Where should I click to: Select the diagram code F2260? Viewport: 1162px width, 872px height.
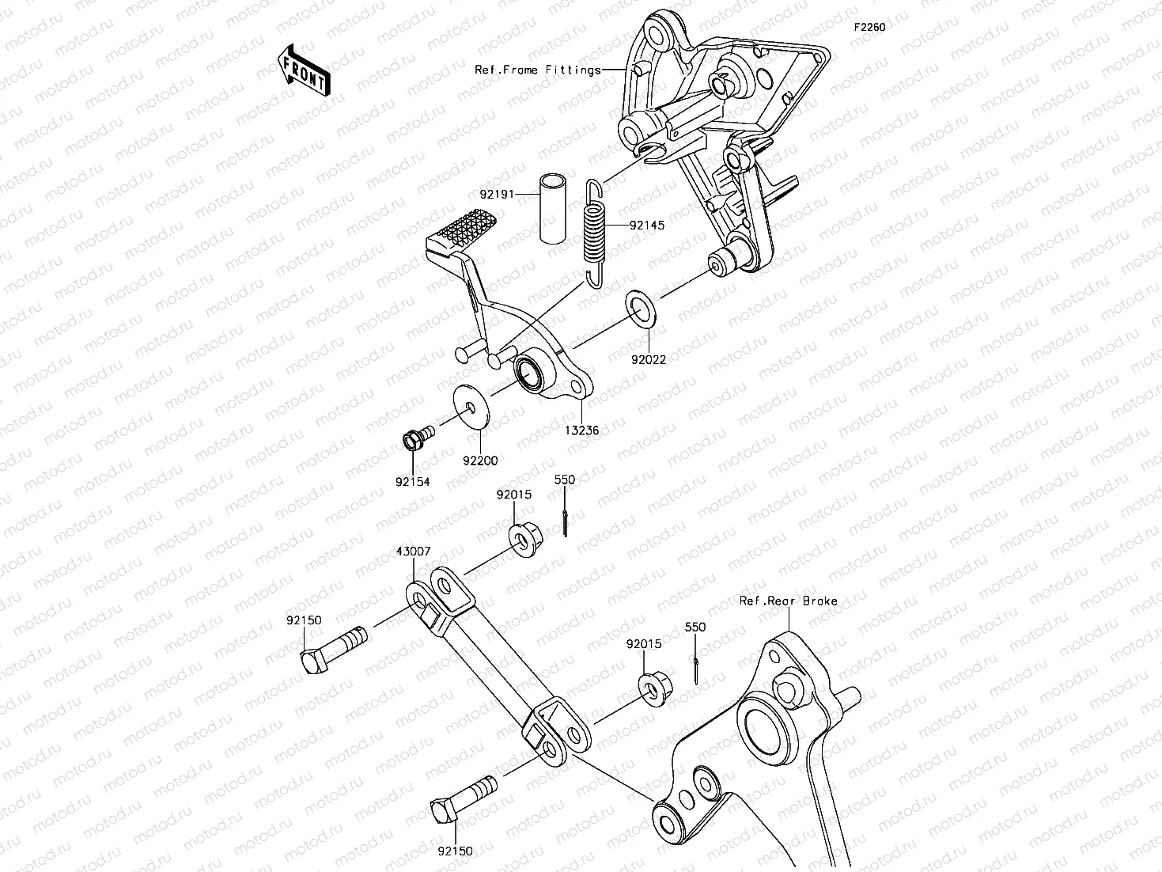coord(869,27)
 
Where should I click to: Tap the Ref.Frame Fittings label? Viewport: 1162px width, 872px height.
coord(537,70)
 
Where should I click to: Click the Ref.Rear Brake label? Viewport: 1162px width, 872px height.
coord(788,601)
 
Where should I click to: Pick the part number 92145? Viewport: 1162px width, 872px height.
coord(647,225)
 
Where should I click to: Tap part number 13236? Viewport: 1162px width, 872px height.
coord(581,430)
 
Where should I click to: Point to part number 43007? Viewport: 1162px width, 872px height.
coord(413,551)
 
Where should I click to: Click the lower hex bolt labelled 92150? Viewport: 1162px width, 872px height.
coord(462,799)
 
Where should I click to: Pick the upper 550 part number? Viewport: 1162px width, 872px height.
coord(564,480)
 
